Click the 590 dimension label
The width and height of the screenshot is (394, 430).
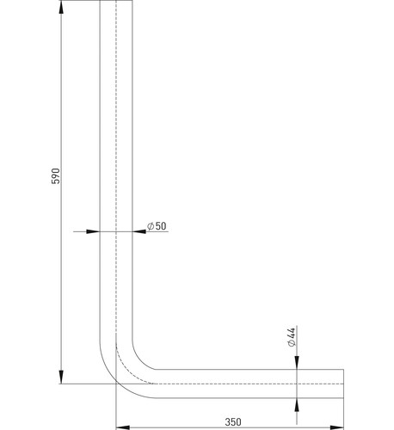coord(56,176)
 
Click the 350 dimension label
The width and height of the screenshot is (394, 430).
coord(233,422)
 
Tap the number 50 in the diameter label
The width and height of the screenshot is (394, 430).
coord(161,226)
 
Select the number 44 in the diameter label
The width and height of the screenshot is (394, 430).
coord(291,333)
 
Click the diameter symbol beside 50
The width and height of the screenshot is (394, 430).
coord(151,226)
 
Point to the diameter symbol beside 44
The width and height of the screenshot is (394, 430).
coord(292,343)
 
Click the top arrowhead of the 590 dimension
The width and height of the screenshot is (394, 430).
coord(61,8)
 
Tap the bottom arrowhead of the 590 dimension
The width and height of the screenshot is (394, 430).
coord(61,377)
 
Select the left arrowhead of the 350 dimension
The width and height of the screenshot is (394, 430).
coord(122,427)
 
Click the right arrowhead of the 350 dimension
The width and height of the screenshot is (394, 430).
coord(337,427)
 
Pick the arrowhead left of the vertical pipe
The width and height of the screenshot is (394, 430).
coord(93,231)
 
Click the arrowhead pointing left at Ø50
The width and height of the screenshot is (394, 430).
coord(139,231)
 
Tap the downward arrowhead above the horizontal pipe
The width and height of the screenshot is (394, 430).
coord(297,363)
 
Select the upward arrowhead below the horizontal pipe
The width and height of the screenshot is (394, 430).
coord(297,405)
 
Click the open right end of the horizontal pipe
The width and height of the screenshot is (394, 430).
coord(343,384)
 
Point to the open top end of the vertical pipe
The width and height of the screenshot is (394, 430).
coord(116,1)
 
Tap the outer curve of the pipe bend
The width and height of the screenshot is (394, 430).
coord(115,382)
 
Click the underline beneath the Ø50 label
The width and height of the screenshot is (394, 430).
coord(157,231)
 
